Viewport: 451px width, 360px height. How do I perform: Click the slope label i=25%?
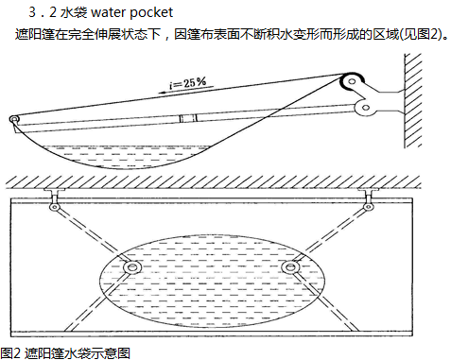(x=188, y=83)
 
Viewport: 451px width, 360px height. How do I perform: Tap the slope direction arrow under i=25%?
(x=185, y=90)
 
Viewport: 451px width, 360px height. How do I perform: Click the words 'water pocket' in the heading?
(x=131, y=12)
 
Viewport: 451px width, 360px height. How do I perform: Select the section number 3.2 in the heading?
(x=43, y=12)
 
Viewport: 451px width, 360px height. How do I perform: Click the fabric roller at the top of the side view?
(x=352, y=82)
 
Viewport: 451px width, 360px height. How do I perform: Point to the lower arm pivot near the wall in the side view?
(x=365, y=108)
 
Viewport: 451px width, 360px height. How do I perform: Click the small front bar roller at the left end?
(x=14, y=119)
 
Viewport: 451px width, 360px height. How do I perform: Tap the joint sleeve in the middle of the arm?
(x=188, y=118)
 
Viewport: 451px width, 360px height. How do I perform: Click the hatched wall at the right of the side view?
(x=413, y=100)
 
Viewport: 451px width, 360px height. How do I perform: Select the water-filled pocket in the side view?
(x=126, y=156)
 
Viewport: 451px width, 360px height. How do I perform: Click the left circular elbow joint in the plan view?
(x=132, y=267)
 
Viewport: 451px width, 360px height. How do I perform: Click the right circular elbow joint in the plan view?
(x=289, y=267)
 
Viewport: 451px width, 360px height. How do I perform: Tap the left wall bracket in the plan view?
(x=54, y=193)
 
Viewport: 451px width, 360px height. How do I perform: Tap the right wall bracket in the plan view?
(x=368, y=193)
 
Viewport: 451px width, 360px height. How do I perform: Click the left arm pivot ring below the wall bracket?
(x=55, y=207)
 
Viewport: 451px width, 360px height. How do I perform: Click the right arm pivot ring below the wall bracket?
(x=368, y=207)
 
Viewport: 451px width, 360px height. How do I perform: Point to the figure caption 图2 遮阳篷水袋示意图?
(x=65, y=353)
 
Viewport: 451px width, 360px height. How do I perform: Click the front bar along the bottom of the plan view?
(x=212, y=333)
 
